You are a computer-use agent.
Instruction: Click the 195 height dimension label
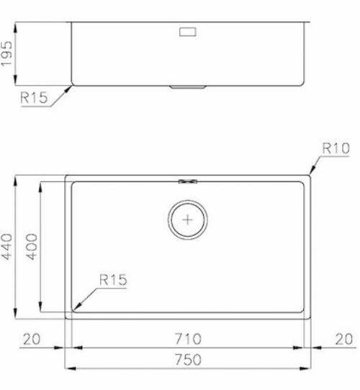click(6, 54)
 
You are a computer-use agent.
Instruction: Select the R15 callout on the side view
click(34, 98)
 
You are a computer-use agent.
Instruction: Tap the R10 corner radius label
click(336, 148)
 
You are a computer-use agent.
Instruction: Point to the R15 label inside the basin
click(113, 280)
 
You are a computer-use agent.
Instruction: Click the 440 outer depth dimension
click(6, 247)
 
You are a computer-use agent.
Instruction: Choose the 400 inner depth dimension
click(32, 247)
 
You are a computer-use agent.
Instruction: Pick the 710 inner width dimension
click(188, 339)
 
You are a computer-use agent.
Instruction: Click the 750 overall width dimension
click(188, 359)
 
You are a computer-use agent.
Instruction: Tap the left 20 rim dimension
click(32, 339)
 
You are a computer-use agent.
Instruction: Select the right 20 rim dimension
click(344, 339)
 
